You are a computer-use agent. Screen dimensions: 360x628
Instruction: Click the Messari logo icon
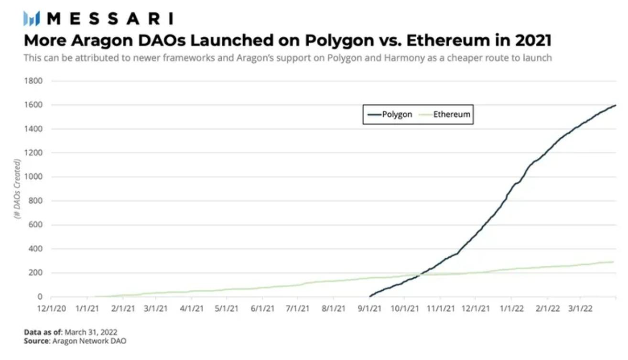tap(32, 19)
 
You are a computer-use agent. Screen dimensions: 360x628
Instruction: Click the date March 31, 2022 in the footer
tap(91, 332)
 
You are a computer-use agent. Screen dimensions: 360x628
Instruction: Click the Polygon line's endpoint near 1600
tap(615, 105)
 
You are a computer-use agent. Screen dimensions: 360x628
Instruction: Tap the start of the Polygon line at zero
tap(369, 296)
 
